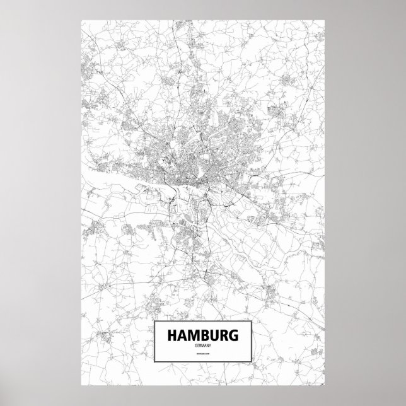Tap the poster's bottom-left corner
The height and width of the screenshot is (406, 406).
pos(81,388)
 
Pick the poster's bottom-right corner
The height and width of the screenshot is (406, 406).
pos(325,388)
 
